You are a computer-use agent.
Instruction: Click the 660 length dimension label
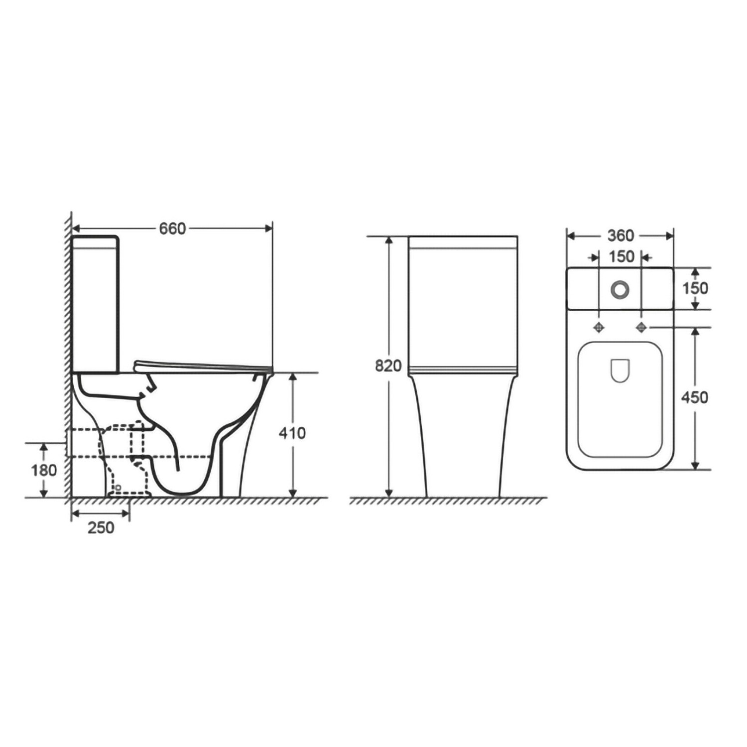coord(172,229)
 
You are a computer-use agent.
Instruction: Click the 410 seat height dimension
coord(292,433)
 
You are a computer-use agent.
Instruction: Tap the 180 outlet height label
coord(44,470)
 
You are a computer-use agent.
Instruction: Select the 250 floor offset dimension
coord(101,527)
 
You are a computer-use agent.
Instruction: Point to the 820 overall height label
coord(388,366)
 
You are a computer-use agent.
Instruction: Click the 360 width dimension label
coord(621,236)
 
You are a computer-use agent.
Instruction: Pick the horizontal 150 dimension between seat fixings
coord(621,256)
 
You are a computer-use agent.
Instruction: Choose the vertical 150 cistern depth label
coord(695,288)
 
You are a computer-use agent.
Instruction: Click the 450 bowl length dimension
coord(695,397)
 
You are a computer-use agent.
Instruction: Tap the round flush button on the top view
coord(621,289)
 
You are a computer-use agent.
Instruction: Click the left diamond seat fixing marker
coord(599,327)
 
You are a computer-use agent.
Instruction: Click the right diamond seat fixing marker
coord(642,327)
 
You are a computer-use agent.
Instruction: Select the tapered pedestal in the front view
coord(463,438)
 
